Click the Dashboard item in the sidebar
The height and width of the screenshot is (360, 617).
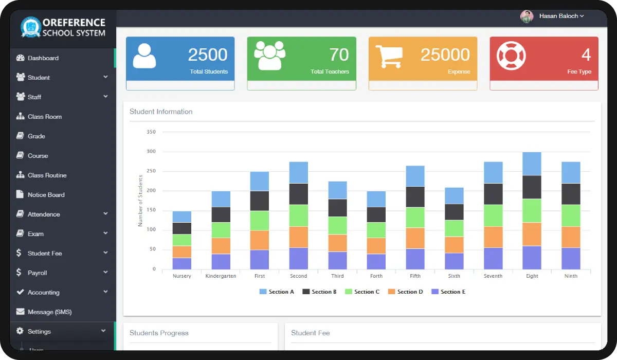pos(43,58)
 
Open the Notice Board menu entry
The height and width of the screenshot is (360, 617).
pos(46,195)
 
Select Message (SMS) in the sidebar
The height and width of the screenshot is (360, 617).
pos(49,312)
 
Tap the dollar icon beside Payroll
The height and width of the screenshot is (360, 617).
pos(19,273)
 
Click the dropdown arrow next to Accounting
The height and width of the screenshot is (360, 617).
pos(105,292)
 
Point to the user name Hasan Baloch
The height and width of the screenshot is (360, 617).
pos(558,16)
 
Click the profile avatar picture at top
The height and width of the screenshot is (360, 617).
pos(527,16)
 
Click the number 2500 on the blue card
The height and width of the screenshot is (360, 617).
pos(208,55)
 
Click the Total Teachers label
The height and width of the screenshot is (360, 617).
pos(330,71)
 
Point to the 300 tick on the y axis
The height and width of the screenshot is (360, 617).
pos(151,152)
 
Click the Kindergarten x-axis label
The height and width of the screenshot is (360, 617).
pos(221,276)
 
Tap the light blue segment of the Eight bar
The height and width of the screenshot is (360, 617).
pos(532,164)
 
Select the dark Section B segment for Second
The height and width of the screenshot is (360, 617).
pos(299,194)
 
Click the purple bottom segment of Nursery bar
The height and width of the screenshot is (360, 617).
pos(182,263)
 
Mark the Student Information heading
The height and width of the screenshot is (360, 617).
pos(161,112)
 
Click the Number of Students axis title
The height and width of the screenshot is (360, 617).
pos(140,201)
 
